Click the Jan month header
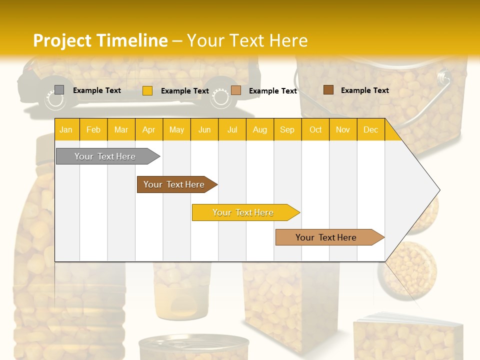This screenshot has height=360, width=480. point(66,129)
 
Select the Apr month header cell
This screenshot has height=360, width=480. point(149,129)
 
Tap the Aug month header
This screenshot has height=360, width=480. point(260,129)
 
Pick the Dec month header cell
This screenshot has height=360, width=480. point(371,129)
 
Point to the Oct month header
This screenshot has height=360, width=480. point(315,129)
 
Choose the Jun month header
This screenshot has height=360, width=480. point(204,129)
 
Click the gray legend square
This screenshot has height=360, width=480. point(59,90)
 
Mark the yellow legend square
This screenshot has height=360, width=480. point(147,90)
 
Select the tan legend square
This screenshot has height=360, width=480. point(236,90)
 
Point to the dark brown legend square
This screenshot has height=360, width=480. point(328,90)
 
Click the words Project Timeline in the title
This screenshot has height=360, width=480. point(100,40)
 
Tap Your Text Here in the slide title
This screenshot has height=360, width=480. point(247,40)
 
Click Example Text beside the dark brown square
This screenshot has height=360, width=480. point(364,90)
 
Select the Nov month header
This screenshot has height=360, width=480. point(343,129)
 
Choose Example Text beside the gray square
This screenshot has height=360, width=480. point(96,90)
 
